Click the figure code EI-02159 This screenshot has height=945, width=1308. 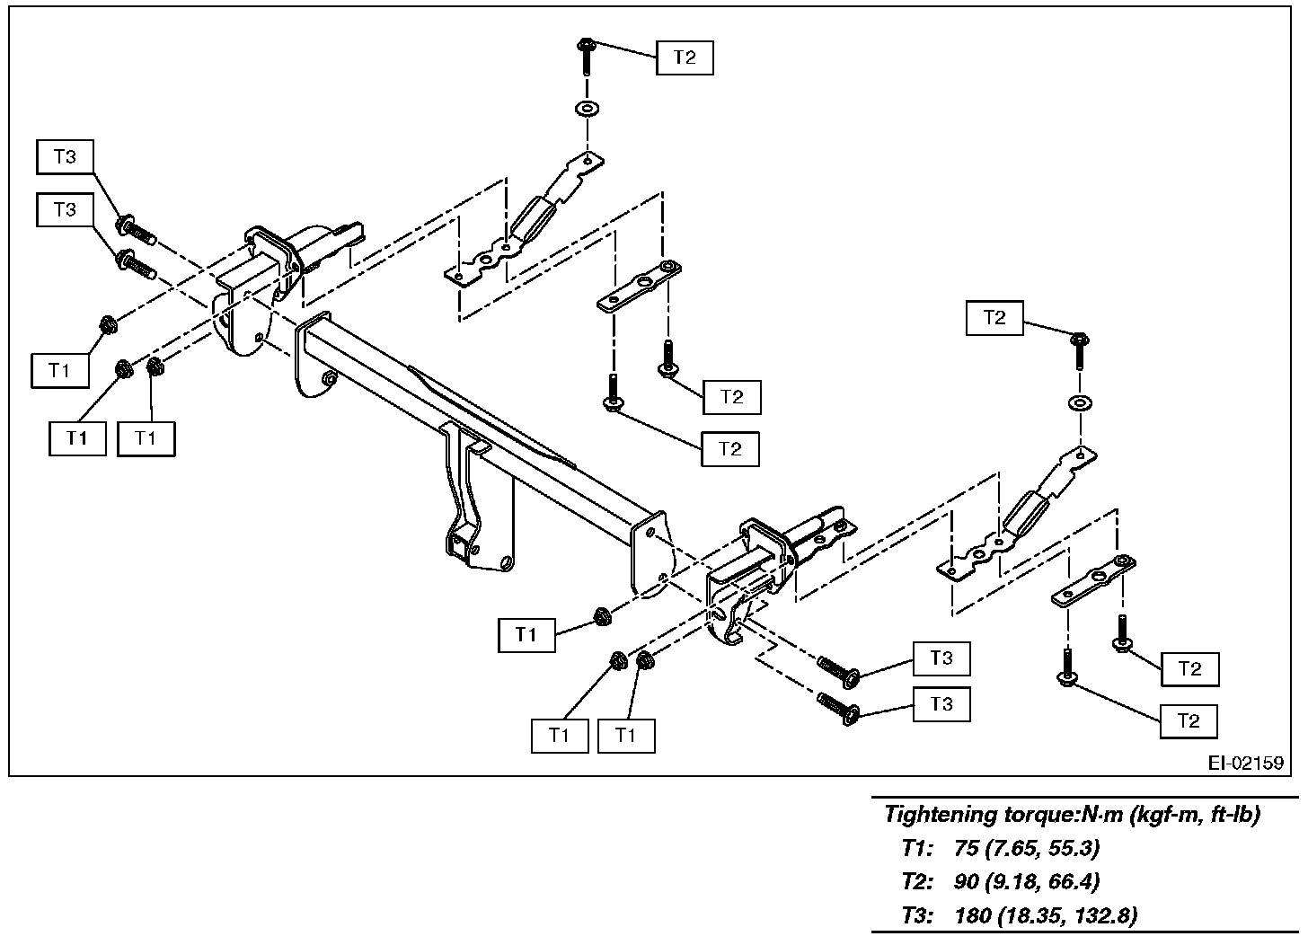tap(1245, 763)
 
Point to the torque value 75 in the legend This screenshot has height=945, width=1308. tap(967, 848)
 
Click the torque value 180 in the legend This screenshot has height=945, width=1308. tap(973, 915)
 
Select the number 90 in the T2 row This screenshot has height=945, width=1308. tap(967, 881)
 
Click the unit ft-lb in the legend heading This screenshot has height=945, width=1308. tap(1232, 815)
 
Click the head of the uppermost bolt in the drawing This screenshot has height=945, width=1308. tap(585, 43)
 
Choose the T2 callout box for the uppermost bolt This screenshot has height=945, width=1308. tap(685, 57)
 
